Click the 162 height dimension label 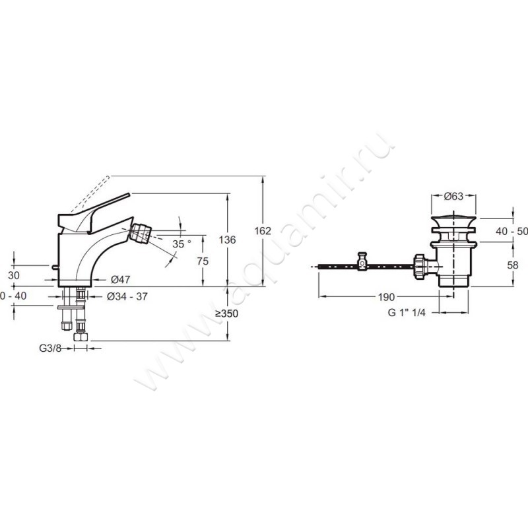pos(263,231)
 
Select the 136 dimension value pos(227,240)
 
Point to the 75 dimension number pos(203,261)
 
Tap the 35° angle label pos(182,244)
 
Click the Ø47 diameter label pos(121,279)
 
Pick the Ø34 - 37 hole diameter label pos(127,296)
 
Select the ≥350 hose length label pos(226,313)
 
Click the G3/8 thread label pos(50,348)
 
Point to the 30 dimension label pos(13,275)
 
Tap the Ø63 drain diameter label pos(453,196)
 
